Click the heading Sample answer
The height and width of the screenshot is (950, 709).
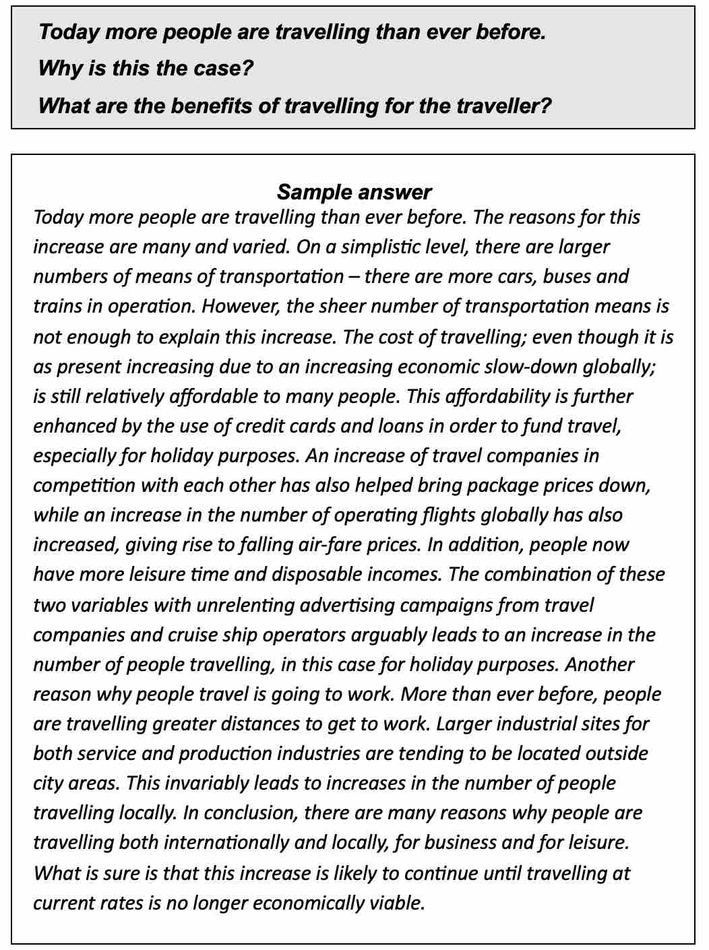point(354,192)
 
